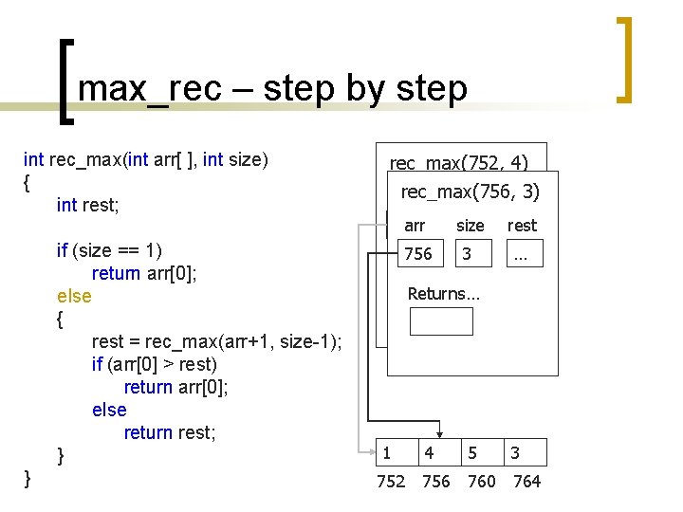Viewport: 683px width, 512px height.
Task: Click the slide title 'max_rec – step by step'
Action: (x=272, y=88)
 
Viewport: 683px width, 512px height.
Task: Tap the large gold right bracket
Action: (x=624, y=60)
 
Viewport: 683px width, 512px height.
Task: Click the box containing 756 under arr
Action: (x=418, y=254)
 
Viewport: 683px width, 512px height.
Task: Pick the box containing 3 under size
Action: (x=471, y=254)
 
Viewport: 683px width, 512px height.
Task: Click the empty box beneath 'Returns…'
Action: (x=440, y=321)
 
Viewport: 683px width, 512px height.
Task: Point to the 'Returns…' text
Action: (x=443, y=294)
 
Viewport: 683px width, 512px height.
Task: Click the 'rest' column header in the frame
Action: (x=522, y=226)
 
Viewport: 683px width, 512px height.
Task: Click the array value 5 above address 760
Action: (x=472, y=453)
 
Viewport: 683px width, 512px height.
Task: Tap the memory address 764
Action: (x=526, y=482)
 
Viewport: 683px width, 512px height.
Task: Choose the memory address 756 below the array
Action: (x=435, y=482)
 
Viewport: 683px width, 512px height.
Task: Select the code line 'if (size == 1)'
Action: (x=109, y=250)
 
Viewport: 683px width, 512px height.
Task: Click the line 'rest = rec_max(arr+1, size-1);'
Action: (x=216, y=341)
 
